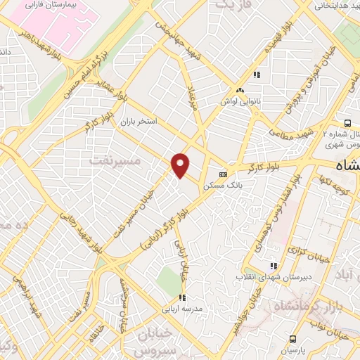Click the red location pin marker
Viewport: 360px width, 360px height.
click(181, 166)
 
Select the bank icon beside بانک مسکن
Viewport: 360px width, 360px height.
click(224, 174)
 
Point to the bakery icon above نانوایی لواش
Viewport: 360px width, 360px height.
click(240, 90)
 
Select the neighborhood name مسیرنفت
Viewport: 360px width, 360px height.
click(116, 161)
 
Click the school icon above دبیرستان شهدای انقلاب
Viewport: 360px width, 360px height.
click(274, 266)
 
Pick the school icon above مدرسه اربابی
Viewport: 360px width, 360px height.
click(183, 297)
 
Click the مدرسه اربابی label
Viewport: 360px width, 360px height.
click(184, 309)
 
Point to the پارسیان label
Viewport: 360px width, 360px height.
click(294, 349)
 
